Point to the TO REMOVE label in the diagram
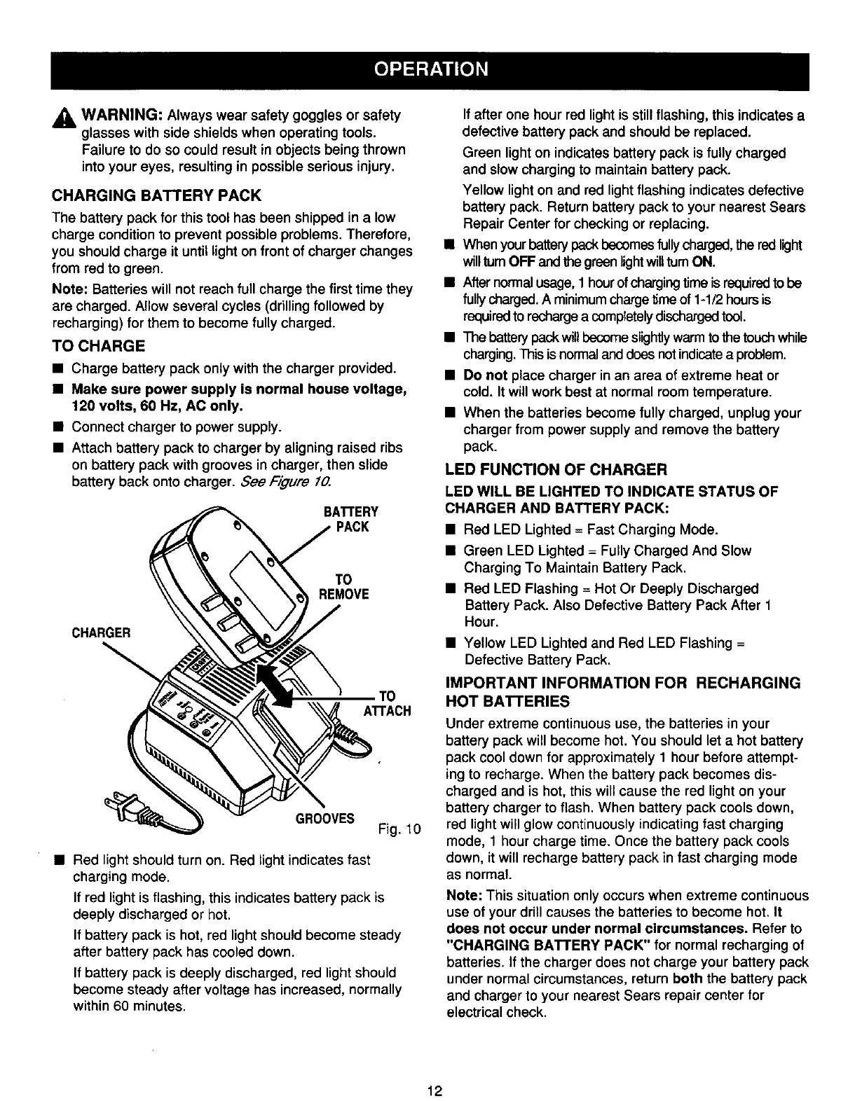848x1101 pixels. click(343, 587)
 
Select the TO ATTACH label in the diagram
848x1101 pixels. click(386, 703)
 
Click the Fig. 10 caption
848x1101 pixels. click(398, 831)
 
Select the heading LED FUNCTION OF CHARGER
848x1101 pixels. click(556, 468)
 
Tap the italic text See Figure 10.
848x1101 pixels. click(286, 483)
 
